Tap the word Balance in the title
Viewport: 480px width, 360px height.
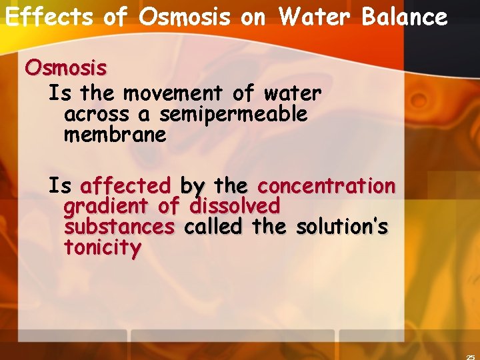click(x=405, y=17)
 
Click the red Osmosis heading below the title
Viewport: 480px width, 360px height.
click(x=66, y=68)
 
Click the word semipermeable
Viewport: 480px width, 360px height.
click(x=233, y=115)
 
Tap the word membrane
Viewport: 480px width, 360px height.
click(x=115, y=135)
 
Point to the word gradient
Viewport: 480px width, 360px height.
click(x=107, y=206)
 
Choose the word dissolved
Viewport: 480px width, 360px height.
click(x=235, y=206)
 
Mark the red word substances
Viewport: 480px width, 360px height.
click(x=119, y=227)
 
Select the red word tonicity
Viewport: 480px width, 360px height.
click(x=103, y=249)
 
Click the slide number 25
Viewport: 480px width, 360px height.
click(x=471, y=356)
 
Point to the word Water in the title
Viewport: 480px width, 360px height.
click(x=317, y=17)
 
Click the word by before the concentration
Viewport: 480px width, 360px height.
click(x=193, y=185)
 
